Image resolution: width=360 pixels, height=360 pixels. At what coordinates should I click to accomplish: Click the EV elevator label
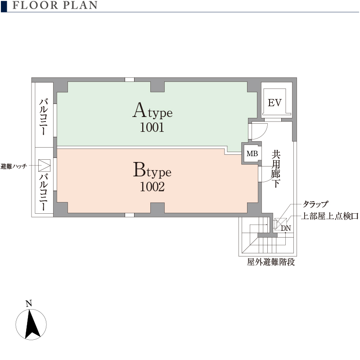[x=274, y=103]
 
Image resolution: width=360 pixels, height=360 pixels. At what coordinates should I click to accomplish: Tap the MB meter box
[x=252, y=153]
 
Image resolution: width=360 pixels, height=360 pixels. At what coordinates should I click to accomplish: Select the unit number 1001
[x=152, y=127]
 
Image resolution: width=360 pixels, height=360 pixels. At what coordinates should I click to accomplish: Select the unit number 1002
[x=152, y=187]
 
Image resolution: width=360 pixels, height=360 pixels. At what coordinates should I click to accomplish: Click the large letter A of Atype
[x=139, y=110]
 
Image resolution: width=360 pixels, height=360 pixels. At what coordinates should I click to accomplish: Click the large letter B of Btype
[x=139, y=170]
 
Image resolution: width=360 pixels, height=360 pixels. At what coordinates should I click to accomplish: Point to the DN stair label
[x=286, y=228]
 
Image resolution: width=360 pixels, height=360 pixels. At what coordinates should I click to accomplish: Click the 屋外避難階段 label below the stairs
[x=271, y=262]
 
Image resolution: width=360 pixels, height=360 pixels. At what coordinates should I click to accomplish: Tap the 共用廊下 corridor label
[x=275, y=169]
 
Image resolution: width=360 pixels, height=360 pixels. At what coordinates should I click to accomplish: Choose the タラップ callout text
[x=315, y=204]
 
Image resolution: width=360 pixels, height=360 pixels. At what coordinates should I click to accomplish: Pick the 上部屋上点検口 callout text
[x=330, y=216]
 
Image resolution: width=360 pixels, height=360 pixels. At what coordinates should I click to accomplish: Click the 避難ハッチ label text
[x=14, y=166]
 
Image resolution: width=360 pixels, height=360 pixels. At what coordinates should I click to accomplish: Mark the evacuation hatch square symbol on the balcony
[x=44, y=165]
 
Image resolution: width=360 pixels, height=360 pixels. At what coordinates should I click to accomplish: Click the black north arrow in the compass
[x=31, y=324]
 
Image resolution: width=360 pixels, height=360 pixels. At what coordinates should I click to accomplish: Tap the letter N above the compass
[x=29, y=304]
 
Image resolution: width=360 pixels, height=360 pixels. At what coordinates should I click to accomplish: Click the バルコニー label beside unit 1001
[x=44, y=117]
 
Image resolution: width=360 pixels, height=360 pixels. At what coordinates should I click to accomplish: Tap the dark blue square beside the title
[x=4, y=6]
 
